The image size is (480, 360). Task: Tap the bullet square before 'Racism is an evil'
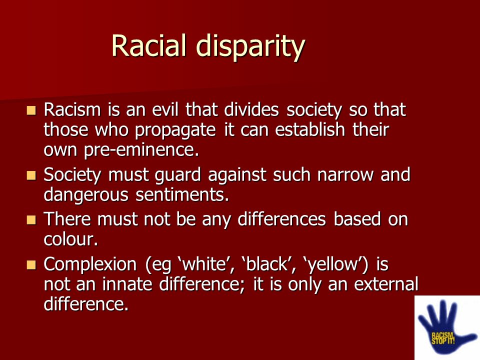31,110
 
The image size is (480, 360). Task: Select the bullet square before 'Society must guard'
31,175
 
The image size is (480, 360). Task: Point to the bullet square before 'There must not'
31,220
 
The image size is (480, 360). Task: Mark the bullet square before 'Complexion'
31,265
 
